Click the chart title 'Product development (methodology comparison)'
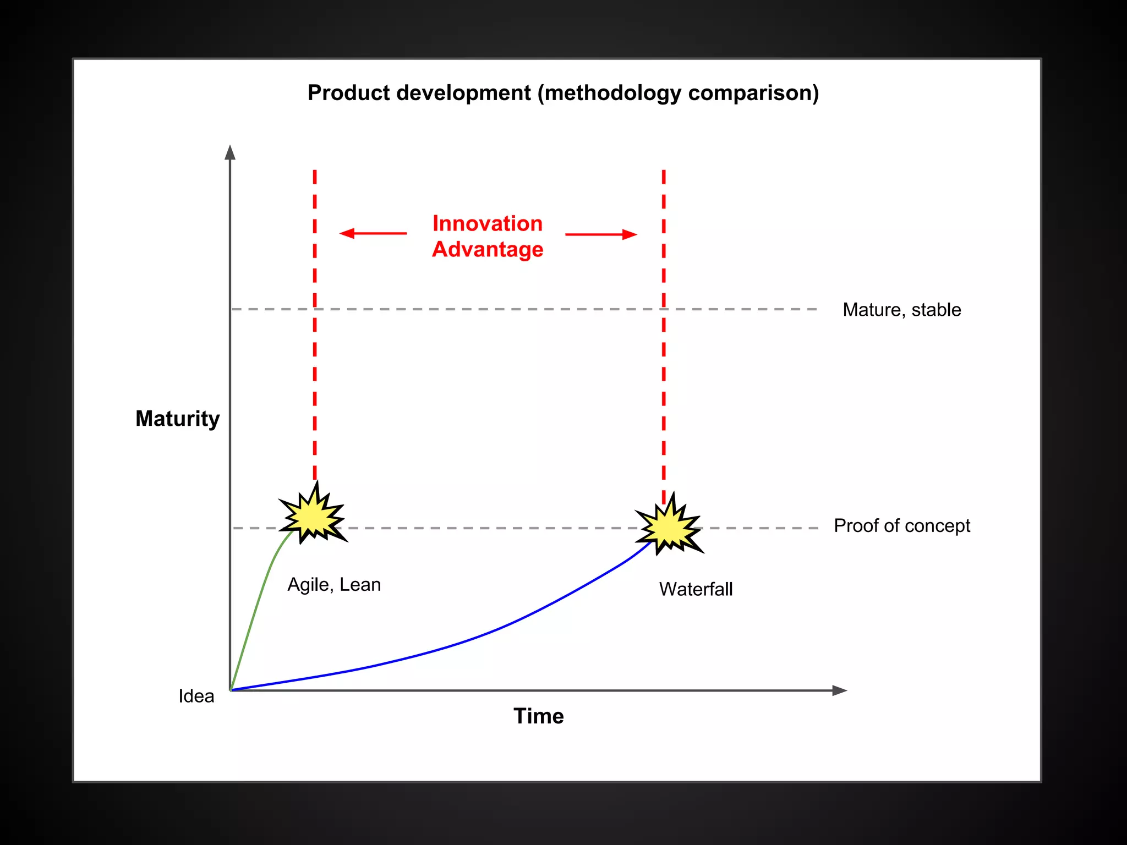point(563,93)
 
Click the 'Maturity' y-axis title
point(178,419)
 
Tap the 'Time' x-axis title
point(539,716)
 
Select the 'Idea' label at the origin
point(196,696)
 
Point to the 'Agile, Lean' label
point(334,584)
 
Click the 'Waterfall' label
point(696,589)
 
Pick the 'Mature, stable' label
point(902,310)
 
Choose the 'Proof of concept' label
point(902,526)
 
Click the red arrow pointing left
point(373,233)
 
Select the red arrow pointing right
point(601,234)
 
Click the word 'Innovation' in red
point(488,223)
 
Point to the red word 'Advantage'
point(488,249)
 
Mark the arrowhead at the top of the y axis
point(230,152)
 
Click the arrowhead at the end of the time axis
point(840,690)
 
